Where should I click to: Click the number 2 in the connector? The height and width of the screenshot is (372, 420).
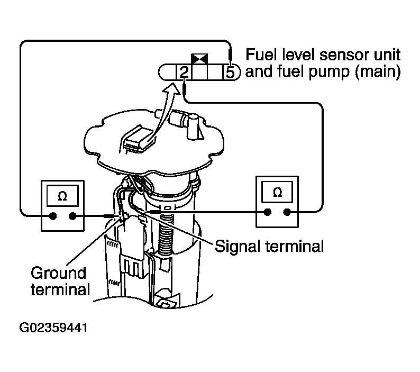pos(182,71)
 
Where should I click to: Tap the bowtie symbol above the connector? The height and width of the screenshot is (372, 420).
pos(199,58)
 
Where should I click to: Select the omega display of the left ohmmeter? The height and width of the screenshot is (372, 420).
pos(62,196)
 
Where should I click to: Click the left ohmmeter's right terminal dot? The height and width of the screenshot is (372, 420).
pos(72,216)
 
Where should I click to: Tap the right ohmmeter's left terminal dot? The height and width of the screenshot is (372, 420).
pos(268,213)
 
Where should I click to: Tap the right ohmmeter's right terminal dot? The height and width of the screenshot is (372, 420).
pos(287,213)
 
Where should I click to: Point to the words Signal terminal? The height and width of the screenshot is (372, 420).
pos(268,247)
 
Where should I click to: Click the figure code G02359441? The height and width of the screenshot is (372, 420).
pos(53,328)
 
